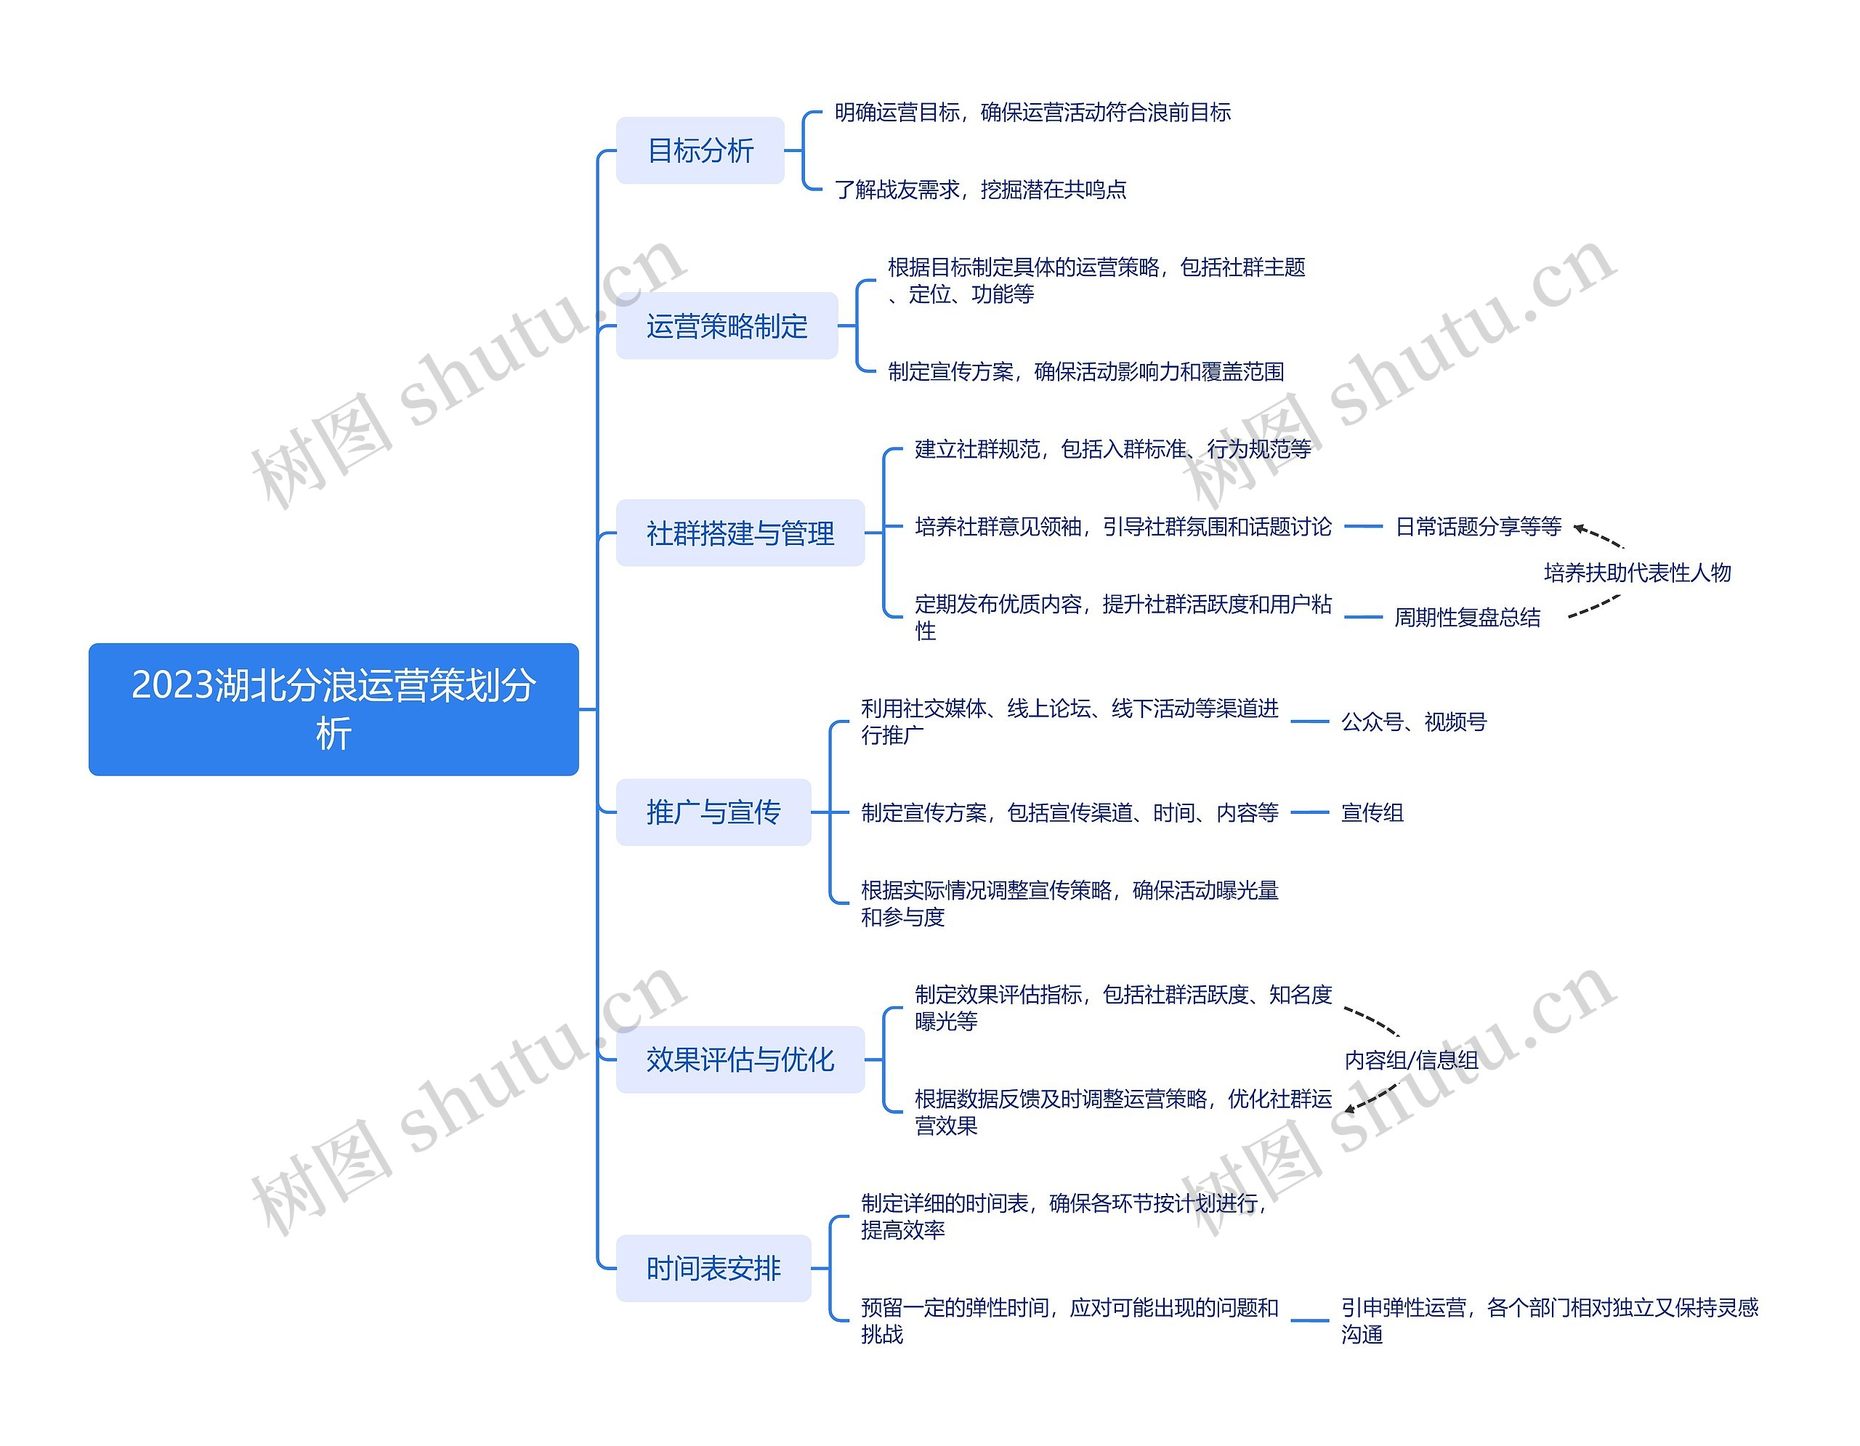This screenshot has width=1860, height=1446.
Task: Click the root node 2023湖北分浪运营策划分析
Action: pos(333,708)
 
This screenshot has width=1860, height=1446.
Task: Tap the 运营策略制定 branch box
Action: pos(727,326)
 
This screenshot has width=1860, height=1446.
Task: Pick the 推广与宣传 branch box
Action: pos(713,812)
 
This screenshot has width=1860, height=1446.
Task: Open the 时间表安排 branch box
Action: pos(713,1268)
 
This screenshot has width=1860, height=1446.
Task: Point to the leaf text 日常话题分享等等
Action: pos(1478,527)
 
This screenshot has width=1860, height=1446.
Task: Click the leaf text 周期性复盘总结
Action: pos(1466,618)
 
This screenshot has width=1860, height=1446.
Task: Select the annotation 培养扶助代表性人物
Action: pos(1637,573)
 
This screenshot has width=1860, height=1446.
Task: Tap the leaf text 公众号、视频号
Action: pos(1413,722)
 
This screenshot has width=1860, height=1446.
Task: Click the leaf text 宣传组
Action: pos(1372,812)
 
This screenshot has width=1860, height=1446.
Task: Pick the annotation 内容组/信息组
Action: pos(1410,1059)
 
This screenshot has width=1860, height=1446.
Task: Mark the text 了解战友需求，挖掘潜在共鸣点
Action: pos(979,189)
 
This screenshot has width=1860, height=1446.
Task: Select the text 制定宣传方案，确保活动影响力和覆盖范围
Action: pos(1085,371)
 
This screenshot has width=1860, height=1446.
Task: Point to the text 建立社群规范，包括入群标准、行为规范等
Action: pos(1112,449)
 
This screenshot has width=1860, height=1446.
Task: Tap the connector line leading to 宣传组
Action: pos(1309,812)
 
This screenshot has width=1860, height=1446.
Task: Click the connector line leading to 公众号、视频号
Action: pos(1309,722)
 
